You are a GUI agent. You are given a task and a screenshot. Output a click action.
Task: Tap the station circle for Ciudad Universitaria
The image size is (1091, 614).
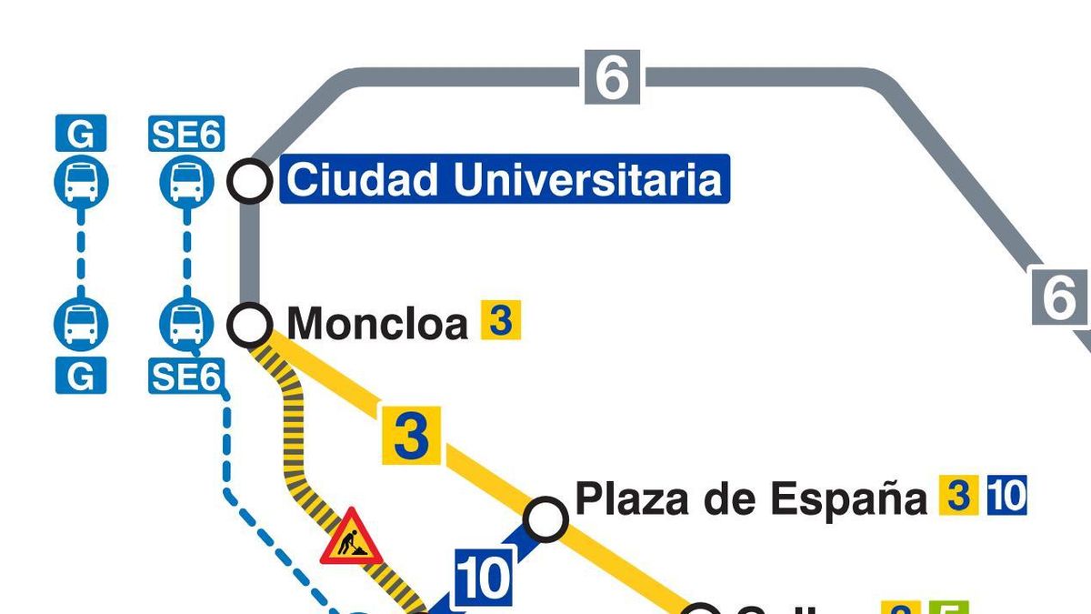[249, 181]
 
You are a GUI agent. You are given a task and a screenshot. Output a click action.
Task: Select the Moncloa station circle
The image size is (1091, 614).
[249, 324]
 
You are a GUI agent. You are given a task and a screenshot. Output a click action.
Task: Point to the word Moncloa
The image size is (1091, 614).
[377, 324]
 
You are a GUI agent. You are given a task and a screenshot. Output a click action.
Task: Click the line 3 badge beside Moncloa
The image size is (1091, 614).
[500, 322]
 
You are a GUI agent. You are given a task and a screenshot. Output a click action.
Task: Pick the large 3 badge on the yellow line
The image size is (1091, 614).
[411, 436]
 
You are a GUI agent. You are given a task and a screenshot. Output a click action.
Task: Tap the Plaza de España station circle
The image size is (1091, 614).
[546, 518]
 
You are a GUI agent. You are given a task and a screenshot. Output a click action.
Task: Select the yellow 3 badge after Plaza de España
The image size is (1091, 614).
[957, 497]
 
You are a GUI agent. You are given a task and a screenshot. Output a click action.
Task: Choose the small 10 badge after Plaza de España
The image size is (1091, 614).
[1006, 497]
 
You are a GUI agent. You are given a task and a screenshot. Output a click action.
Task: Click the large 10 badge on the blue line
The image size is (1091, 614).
[483, 579]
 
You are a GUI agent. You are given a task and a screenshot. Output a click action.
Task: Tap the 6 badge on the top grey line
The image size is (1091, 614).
[612, 78]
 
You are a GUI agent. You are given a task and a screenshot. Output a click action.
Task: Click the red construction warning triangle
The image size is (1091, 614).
[350, 539]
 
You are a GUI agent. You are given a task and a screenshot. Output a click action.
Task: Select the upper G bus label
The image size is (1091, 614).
[81, 135]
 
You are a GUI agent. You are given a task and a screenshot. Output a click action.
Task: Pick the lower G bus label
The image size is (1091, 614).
[81, 375]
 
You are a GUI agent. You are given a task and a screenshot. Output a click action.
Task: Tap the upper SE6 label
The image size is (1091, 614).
[186, 135]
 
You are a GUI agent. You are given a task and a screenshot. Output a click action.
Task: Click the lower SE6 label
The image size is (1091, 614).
[185, 375]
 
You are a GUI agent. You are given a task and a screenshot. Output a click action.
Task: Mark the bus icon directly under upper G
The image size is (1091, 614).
[81, 181]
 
